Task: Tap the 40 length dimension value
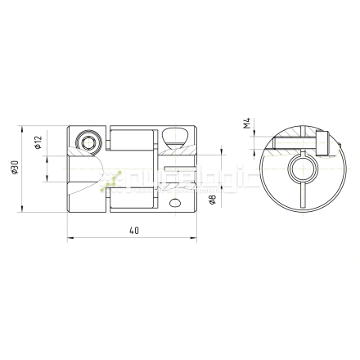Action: [x=134, y=231]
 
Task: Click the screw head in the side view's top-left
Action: [x=88, y=143]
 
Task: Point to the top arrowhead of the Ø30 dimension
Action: [x=23, y=128]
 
